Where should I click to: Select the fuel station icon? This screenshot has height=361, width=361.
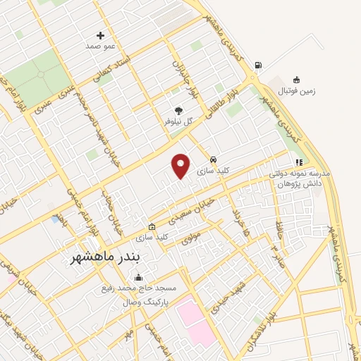pos(258,66)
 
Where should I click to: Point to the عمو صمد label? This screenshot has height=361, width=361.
pos(99,46)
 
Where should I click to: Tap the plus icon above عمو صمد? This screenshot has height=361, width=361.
pos(100,35)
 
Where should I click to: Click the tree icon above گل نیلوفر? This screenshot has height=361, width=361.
pos(178,111)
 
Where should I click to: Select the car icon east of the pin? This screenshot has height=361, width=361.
pos(213,159)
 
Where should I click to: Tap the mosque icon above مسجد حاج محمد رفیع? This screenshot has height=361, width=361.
pos(137,277)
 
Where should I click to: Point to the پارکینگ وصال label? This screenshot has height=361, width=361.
pos(154,300)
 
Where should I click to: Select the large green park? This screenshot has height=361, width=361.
pos(39,73)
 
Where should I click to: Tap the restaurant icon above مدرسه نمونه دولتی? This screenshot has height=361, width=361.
pos(300,162)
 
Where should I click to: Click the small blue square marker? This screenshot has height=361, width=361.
pos(54,219)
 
